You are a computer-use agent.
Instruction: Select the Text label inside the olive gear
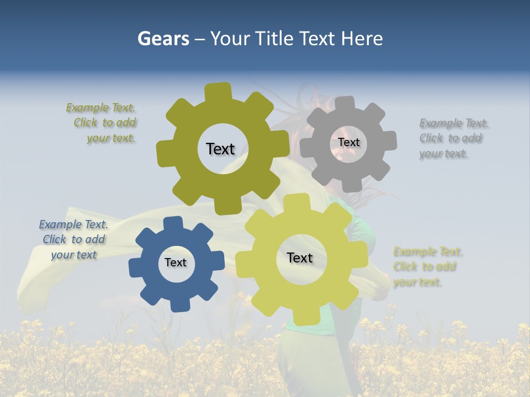pyautogui.click(x=220, y=149)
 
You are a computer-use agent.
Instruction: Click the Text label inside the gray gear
pyautogui.click(x=348, y=142)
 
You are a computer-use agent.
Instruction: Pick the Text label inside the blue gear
pyautogui.click(x=176, y=262)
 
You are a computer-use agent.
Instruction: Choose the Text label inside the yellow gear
pyautogui.click(x=300, y=257)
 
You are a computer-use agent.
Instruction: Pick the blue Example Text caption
pyautogui.click(x=73, y=239)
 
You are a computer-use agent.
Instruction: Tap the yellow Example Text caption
pyautogui.click(x=427, y=267)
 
